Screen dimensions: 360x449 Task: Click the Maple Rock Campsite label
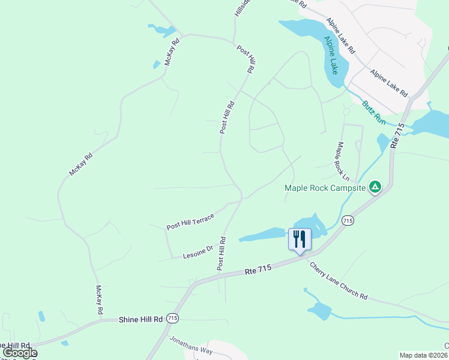click(x=325, y=188)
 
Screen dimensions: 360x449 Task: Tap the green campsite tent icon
click(x=375, y=187)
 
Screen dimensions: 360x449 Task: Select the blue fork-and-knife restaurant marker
click(x=300, y=239)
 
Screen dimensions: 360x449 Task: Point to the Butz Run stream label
click(x=373, y=112)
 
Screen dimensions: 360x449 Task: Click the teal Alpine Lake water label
click(x=331, y=55)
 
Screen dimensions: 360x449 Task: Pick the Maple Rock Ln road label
click(x=342, y=161)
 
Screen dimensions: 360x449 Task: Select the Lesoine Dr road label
click(x=197, y=252)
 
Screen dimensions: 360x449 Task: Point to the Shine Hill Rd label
click(x=141, y=320)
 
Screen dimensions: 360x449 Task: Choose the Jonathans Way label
click(x=191, y=347)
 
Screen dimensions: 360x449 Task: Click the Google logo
click(x=19, y=353)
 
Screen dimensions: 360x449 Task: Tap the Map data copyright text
click(x=423, y=355)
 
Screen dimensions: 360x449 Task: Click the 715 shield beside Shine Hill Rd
click(x=172, y=317)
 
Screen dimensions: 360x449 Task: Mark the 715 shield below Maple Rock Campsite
click(x=348, y=221)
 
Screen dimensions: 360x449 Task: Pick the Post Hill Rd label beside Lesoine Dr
click(x=221, y=254)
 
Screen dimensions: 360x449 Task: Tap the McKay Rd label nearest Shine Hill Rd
click(x=100, y=300)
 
